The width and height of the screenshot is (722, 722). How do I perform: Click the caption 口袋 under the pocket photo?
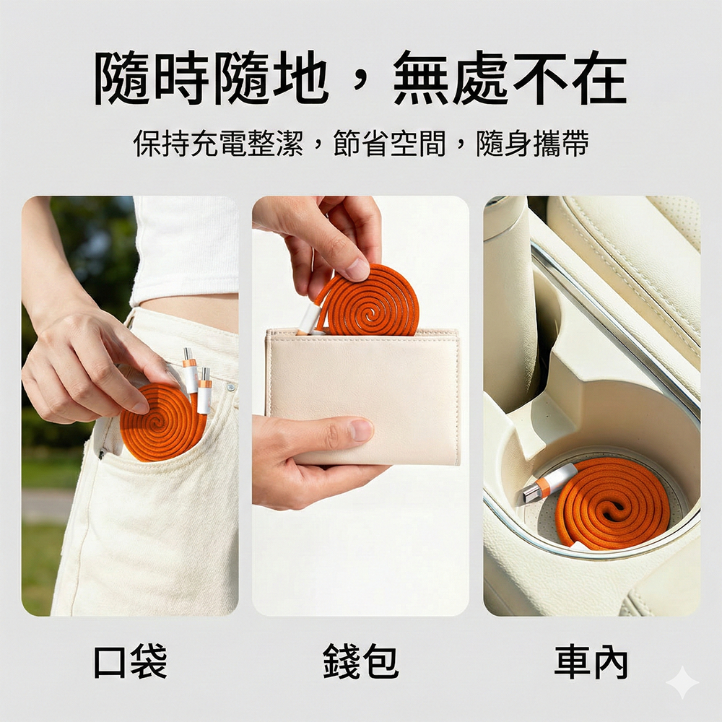point(130,661)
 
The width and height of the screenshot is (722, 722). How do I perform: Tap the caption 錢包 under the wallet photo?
point(360,661)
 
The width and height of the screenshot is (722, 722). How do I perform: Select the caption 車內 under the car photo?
point(591,662)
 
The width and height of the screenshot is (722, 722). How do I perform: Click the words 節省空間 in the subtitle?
point(390,144)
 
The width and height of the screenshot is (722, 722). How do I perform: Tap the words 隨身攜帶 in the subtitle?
point(533,144)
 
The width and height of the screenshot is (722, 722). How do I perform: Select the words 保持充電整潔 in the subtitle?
point(218,144)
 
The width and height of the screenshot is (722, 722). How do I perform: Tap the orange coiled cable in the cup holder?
point(612,504)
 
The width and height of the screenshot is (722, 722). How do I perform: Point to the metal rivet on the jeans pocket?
point(230,387)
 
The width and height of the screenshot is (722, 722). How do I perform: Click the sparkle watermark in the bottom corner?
point(683,682)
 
